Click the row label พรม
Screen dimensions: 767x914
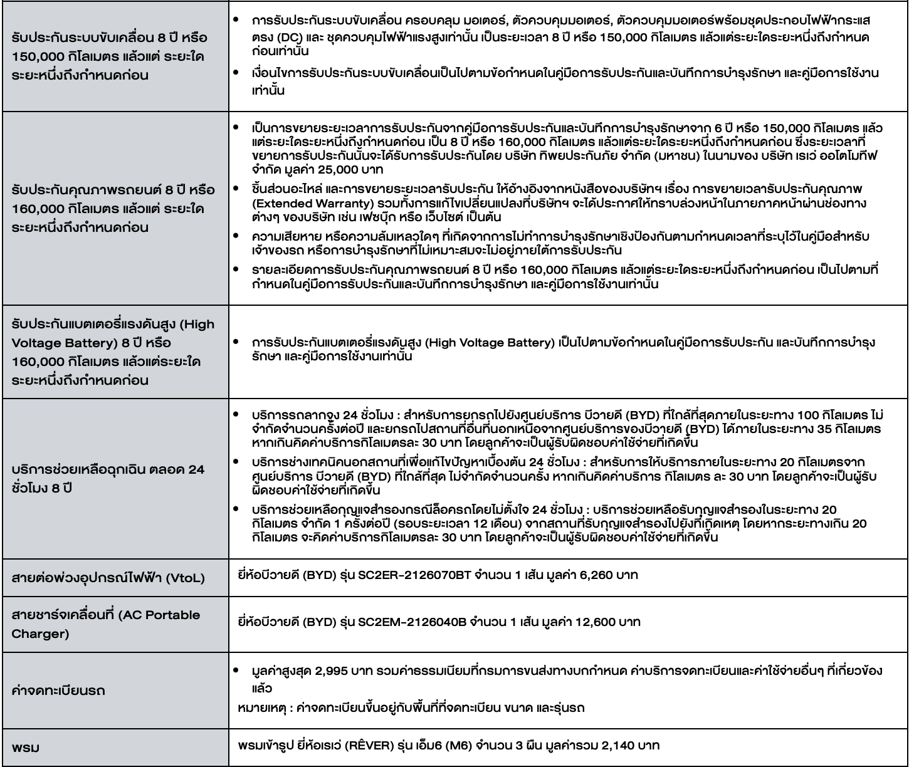(x=25, y=747)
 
